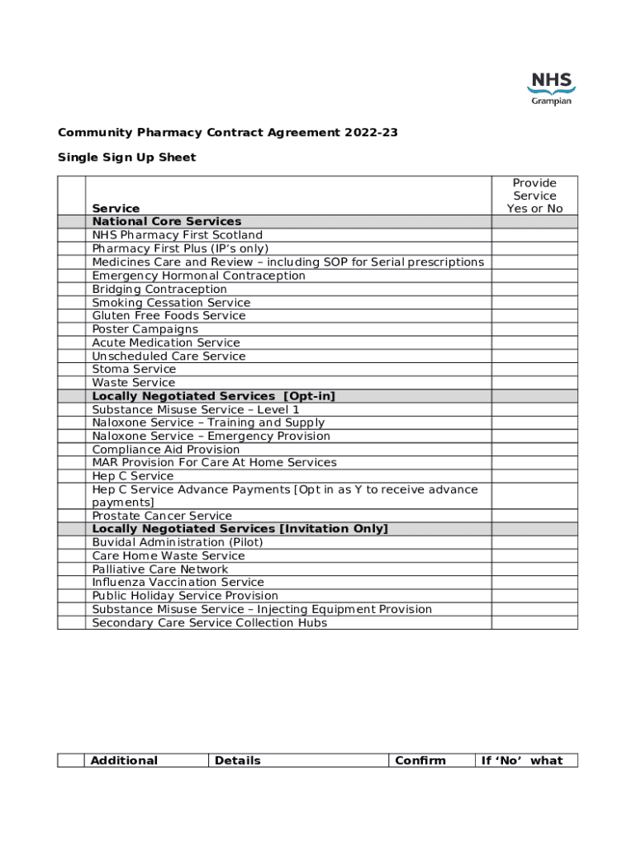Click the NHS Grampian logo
point(551,88)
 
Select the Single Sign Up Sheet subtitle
point(126,158)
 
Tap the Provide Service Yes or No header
point(534,196)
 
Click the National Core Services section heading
point(167,222)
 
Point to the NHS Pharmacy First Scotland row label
point(177,235)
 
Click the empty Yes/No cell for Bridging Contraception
point(534,290)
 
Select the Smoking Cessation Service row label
point(171,303)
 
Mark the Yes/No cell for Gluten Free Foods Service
point(534,316)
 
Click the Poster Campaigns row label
point(145,329)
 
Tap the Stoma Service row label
point(134,370)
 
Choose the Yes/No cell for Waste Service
point(534,383)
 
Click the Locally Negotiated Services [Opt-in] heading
point(214,396)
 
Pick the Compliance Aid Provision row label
point(166,450)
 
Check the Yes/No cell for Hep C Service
point(534,476)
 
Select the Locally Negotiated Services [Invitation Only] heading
point(240,529)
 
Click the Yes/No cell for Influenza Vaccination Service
point(534,583)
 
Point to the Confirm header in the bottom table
point(420,761)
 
